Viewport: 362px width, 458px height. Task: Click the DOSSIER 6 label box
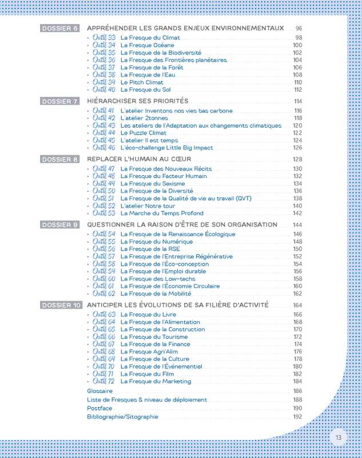coord(60,29)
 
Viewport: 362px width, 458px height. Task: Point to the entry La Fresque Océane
coord(147,45)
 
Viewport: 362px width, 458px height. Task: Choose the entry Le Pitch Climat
coord(142,82)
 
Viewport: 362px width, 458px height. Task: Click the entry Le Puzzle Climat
coord(144,133)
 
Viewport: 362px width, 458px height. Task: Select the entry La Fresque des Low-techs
coord(158,279)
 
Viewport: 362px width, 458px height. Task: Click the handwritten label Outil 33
coord(104,38)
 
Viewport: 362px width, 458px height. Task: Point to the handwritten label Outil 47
coord(104,169)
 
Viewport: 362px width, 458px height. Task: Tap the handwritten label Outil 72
coord(104,381)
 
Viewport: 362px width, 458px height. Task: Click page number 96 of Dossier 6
coord(299,29)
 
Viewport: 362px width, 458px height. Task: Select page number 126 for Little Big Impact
coord(297,148)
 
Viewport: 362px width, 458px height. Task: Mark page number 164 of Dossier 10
coord(297,306)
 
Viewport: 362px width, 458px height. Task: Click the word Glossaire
coord(100,391)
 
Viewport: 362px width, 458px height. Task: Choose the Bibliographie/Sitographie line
coord(122,417)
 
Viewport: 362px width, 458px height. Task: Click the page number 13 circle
coord(339,438)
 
